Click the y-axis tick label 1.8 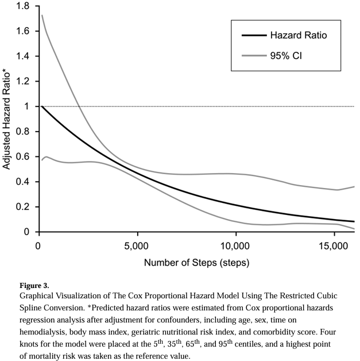click(23, 6)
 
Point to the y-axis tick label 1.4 click(23, 56)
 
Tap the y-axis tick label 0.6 click(23, 157)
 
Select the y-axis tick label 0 click(27, 232)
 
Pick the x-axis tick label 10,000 click(236, 246)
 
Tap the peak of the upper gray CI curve click(42, 16)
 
